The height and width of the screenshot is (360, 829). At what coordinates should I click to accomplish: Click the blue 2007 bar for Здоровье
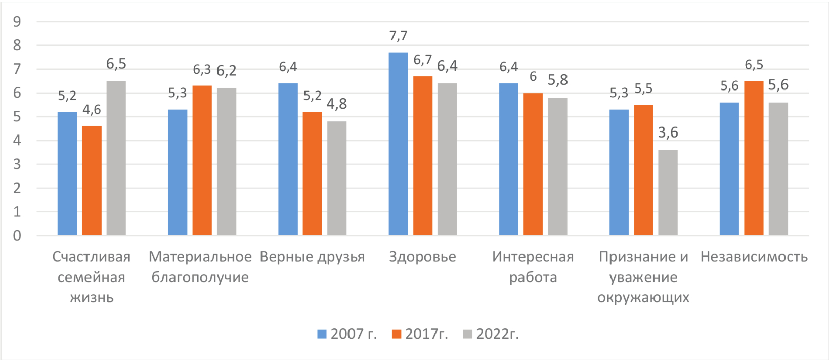pyautogui.click(x=398, y=144)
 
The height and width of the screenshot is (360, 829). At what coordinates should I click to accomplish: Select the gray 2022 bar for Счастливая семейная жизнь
pyautogui.click(x=116, y=158)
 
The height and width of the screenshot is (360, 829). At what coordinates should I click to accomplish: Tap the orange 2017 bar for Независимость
pyautogui.click(x=754, y=158)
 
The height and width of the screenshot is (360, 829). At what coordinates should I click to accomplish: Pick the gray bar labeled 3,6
pyautogui.click(x=668, y=193)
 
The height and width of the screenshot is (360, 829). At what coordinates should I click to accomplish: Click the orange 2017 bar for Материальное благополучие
pyautogui.click(x=202, y=161)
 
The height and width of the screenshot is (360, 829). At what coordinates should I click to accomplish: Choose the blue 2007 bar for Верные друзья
pyautogui.click(x=288, y=159)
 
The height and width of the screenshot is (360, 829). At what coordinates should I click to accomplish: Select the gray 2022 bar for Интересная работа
pyautogui.click(x=557, y=166)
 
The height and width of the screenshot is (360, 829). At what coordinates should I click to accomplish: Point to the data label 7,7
pyautogui.click(x=398, y=36)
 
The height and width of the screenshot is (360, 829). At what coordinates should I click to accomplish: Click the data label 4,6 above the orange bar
pyautogui.click(x=92, y=110)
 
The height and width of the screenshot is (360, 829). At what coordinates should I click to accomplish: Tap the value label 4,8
pyautogui.click(x=337, y=104)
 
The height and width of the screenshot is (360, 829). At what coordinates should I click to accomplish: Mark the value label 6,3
pyautogui.click(x=202, y=70)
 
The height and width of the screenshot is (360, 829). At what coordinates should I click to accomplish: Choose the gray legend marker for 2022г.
pyautogui.click(x=468, y=334)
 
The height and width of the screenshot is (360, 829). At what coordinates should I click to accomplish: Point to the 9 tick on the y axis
pyautogui.click(x=17, y=22)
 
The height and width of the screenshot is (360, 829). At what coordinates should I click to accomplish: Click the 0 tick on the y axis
pyautogui.click(x=17, y=236)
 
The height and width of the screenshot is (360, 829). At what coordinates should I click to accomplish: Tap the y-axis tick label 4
pyautogui.click(x=17, y=141)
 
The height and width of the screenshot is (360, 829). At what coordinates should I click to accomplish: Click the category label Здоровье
pyautogui.click(x=422, y=257)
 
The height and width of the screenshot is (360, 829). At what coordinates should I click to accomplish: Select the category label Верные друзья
pyautogui.click(x=312, y=257)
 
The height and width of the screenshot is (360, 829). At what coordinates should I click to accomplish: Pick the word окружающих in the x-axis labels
pyautogui.click(x=643, y=297)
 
